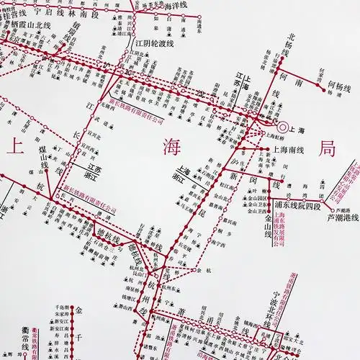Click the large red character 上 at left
point(14,149)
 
